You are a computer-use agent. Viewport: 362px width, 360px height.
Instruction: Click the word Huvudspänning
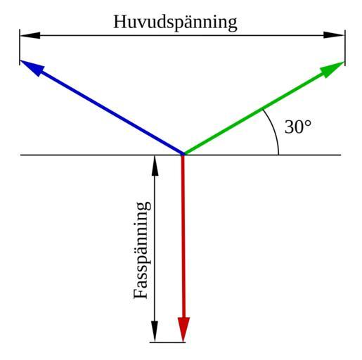[175, 22]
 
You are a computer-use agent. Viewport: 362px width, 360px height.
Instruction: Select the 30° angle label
[298, 127]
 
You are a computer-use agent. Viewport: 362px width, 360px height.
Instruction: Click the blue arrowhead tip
[21, 60]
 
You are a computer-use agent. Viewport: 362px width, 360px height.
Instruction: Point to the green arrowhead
[332, 69]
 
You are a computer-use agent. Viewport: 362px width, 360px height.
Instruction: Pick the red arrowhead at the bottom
[183, 329]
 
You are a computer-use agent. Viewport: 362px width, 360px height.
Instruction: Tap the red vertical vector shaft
[183, 236]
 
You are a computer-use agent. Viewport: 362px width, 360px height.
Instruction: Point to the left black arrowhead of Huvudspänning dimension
[30, 35]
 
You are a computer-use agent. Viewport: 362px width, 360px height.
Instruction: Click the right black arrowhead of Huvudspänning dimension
[334, 35]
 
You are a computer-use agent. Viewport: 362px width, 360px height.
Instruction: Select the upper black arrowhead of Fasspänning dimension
[155, 165]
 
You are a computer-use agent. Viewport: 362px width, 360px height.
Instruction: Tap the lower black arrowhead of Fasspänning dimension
[155, 331]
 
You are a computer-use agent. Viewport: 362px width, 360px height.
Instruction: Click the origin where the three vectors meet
[183, 155]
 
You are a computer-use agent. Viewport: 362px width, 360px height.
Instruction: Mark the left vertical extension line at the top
[20, 47]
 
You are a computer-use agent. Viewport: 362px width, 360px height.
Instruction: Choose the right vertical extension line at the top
[345, 48]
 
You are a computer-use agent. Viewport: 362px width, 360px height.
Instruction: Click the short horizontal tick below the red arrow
[167, 342]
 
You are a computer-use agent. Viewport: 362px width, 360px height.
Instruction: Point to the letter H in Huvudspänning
[121, 22]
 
